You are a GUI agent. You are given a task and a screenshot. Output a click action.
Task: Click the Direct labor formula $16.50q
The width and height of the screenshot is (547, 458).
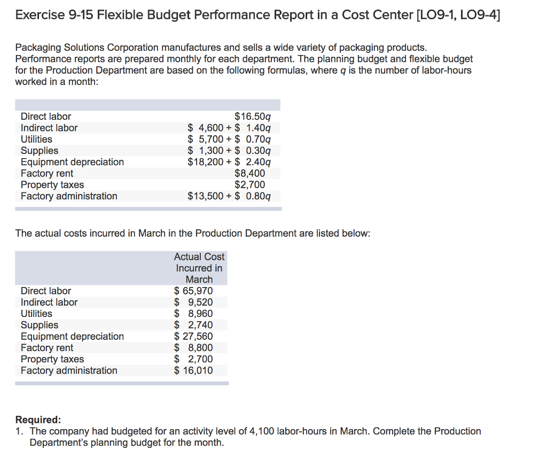pyautogui.click(x=253, y=117)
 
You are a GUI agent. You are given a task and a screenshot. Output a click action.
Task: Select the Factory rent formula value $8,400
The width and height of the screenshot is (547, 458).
pyautogui.click(x=250, y=174)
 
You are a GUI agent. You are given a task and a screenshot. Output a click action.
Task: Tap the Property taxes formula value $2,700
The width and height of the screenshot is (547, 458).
pyautogui.click(x=250, y=185)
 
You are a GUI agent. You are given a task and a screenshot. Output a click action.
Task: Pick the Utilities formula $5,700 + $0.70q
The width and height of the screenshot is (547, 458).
pyautogui.click(x=229, y=139)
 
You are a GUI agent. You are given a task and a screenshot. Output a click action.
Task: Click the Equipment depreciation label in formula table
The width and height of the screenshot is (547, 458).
pyautogui.click(x=72, y=162)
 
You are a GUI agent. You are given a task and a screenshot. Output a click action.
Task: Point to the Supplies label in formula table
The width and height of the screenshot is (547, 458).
pyautogui.click(x=40, y=151)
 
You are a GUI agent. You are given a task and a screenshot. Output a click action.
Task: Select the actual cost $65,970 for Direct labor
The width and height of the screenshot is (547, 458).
pyautogui.click(x=193, y=291)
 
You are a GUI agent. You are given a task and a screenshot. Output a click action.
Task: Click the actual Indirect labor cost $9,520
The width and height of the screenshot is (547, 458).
pyautogui.click(x=193, y=302)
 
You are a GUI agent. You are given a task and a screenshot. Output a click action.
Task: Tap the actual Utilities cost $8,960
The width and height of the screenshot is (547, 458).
pyautogui.click(x=193, y=314)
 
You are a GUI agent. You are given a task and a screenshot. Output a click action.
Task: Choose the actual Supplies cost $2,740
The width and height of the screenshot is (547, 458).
pyautogui.click(x=193, y=325)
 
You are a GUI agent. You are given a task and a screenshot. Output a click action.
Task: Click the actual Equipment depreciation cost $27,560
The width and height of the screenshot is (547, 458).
pyautogui.click(x=193, y=336)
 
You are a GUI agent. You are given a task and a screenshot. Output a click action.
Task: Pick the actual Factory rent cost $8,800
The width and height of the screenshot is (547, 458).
pyautogui.click(x=193, y=348)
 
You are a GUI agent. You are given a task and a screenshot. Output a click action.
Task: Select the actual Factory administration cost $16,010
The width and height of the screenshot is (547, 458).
pyautogui.click(x=193, y=370)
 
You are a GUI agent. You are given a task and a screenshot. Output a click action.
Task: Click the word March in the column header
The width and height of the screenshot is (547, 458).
pyautogui.click(x=199, y=280)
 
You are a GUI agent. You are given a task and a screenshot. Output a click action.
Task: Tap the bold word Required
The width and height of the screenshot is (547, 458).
pyautogui.click(x=38, y=420)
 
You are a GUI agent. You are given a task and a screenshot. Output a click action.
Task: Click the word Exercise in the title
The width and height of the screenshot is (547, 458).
pyautogui.click(x=40, y=15)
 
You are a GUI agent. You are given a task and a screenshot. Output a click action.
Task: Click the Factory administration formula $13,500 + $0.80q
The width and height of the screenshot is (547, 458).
pyautogui.click(x=229, y=196)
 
